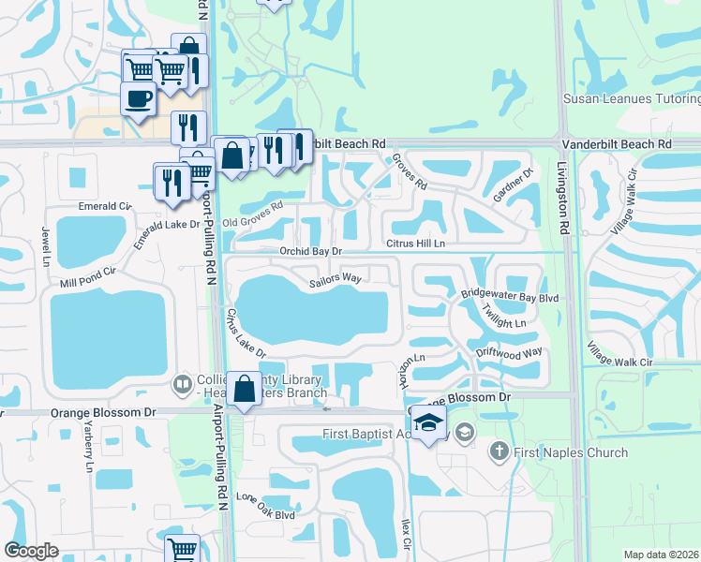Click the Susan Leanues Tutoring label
(631, 98)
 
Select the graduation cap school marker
(428, 422)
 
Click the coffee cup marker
(139, 99)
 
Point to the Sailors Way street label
(336, 278)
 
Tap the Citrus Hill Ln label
(414, 244)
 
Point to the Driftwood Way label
(510, 352)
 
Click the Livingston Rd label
(565, 201)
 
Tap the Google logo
(32, 551)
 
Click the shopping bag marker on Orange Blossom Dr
(244, 388)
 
